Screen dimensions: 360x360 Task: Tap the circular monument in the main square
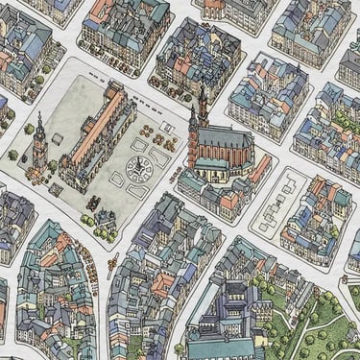click(x=137, y=169)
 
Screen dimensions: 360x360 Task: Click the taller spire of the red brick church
click(x=203, y=101)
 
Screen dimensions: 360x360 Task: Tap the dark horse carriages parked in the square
click(x=94, y=203)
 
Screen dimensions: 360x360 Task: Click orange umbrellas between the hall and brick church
click(x=154, y=135)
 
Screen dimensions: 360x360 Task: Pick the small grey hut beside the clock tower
click(x=57, y=140)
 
